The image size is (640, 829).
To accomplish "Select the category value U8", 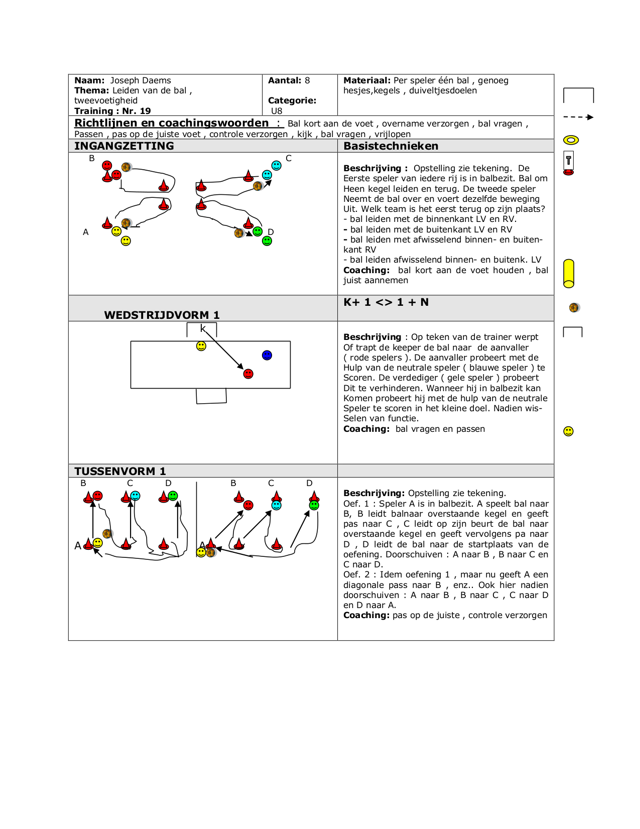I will pyautogui.click(x=277, y=111).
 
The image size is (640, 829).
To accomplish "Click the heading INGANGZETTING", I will pyautogui.click(x=124, y=146).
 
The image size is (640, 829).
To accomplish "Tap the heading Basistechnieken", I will pyautogui.click(x=391, y=146).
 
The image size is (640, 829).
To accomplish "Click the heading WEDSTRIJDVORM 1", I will pyautogui.click(x=162, y=315).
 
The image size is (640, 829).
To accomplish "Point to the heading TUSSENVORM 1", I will pyautogui.click(x=120, y=471).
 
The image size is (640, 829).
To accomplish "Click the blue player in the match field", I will pyautogui.click(x=267, y=356).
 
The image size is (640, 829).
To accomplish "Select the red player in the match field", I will pyautogui.click(x=248, y=374).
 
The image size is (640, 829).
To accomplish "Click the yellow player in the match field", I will pyautogui.click(x=201, y=346).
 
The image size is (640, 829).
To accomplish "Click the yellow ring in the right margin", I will pyautogui.click(x=571, y=140).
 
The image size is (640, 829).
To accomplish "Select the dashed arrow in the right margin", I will pyautogui.click(x=578, y=117).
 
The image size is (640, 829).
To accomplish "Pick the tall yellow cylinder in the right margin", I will pyautogui.click(x=569, y=274).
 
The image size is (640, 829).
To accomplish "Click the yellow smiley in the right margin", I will pyautogui.click(x=568, y=431).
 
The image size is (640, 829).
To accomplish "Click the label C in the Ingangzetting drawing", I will pyautogui.click(x=289, y=158).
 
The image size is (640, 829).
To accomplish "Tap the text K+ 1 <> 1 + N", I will pyautogui.click(x=386, y=302).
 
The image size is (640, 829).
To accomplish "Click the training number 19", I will pyautogui.click(x=146, y=111).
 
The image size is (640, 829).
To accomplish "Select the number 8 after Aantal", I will pyautogui.click(x=307, y=80).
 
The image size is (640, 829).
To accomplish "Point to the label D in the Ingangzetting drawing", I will pyautogui.click(x=271, y=231).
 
